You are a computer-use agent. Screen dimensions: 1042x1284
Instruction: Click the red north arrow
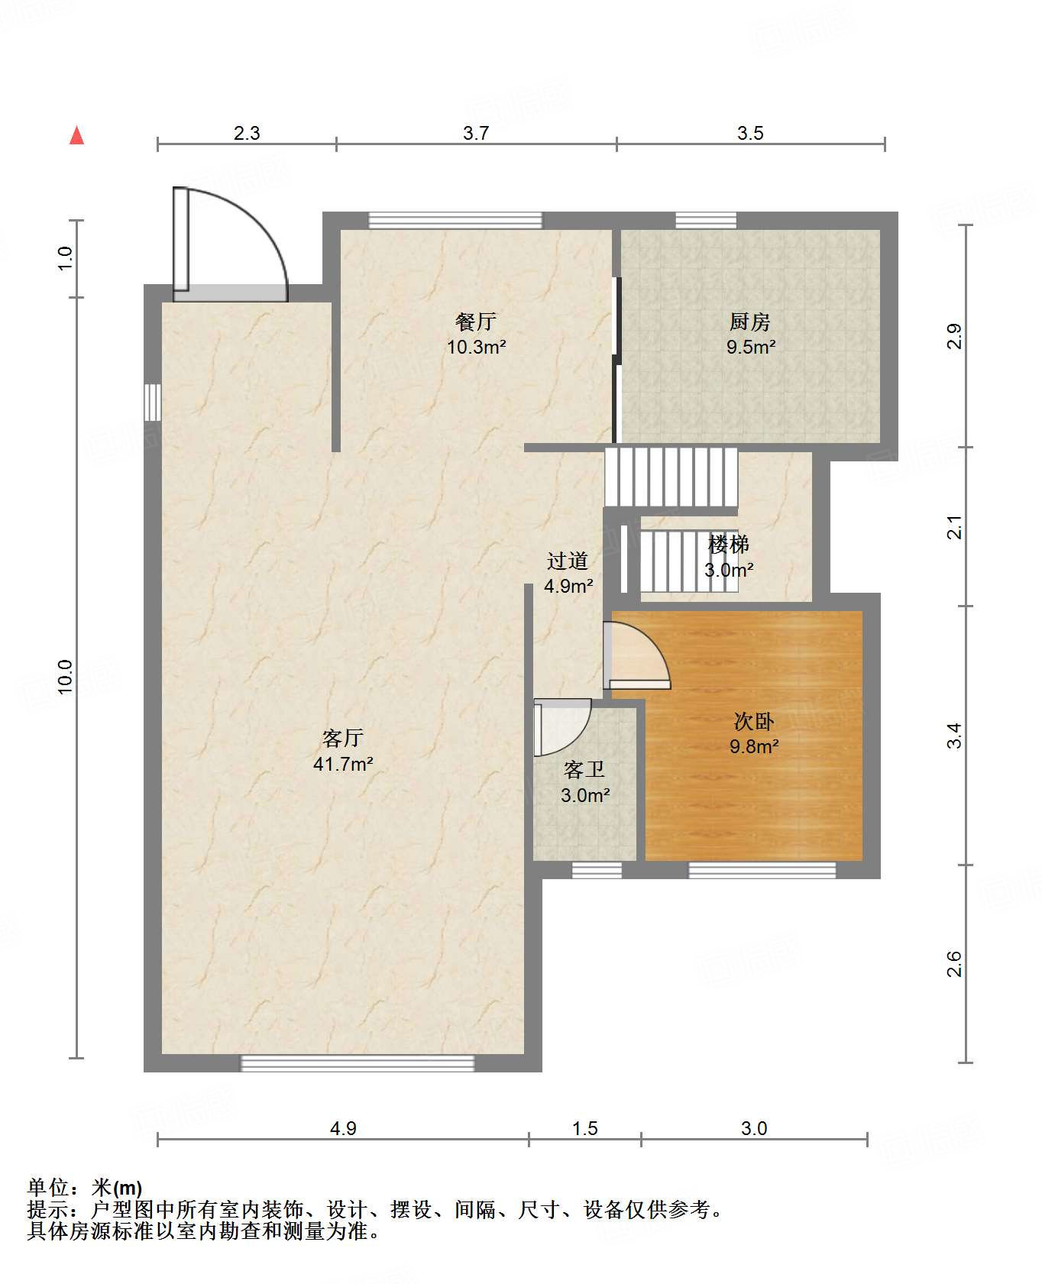[x=76, y=135]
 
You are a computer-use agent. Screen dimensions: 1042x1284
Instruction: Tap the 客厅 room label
[x=342, y=738]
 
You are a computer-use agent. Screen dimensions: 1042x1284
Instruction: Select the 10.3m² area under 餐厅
[x=477, y=348]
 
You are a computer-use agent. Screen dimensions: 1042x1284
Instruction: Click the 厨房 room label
[x=750, y=322]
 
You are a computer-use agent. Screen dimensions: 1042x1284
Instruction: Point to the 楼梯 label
[x=729, y=545]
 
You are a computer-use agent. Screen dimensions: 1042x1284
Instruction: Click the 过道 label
[x=568, y=561]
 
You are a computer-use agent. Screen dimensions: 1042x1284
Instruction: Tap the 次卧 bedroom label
[x=754, y=721]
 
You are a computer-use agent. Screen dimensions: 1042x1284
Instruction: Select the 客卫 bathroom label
[x=584, y=769]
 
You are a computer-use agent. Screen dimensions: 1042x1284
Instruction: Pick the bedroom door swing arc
[x=655, y=646]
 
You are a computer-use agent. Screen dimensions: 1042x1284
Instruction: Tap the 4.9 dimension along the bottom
[x=343, y=1128]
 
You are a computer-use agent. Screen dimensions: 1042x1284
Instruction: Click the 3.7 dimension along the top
[x=476, y=134]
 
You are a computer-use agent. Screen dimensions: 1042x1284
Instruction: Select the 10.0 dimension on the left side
[x=65, y=677]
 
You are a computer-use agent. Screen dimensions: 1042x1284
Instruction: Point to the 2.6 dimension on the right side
[x=954, y=964]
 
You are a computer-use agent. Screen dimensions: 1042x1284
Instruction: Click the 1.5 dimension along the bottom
[x=585, y=1128]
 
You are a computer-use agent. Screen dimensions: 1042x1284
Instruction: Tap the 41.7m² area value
[x=343, y=764]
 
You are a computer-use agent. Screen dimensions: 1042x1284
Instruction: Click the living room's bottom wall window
[x=358, y=1062]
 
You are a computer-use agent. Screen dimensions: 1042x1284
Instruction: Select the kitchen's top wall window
[x=706, y=221]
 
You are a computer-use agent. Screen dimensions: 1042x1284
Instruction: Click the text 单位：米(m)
[x=85, y=1188]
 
